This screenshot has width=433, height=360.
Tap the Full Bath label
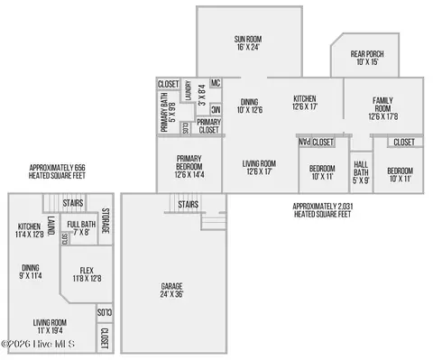[x=81, y=227]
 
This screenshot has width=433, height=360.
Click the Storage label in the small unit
[x=105, y=222]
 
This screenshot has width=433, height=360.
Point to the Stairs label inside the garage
[x=188, y=205]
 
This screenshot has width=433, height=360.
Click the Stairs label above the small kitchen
[x=73, y=203]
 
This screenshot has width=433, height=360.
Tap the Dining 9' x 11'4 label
[x=31, y=272]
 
